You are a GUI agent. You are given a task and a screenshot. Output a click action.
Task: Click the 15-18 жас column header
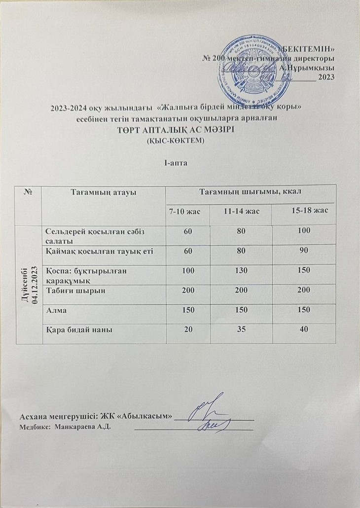(x=310, y=211)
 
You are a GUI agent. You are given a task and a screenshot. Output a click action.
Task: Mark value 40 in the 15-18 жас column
(x=304, y=329)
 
